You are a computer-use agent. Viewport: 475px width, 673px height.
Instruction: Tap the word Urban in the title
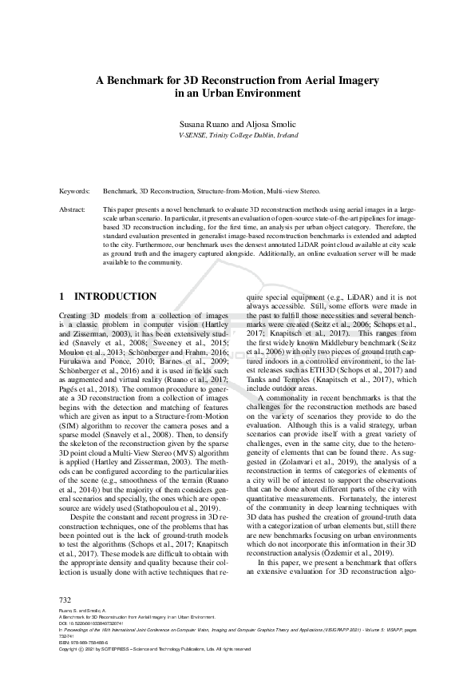point(223,93)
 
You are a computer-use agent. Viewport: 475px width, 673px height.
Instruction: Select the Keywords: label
point(74,192)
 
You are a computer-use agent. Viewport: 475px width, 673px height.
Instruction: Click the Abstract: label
point(73,209)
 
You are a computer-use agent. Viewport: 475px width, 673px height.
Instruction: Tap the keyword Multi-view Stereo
point(294,192)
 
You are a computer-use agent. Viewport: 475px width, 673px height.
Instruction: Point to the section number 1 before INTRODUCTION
point(62,296)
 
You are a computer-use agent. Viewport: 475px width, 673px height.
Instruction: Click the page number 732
point(66,599)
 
